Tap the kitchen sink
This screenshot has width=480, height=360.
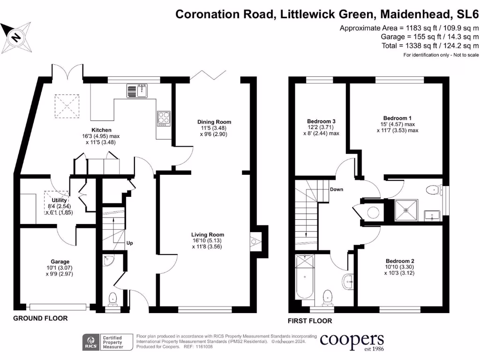click(137, 90)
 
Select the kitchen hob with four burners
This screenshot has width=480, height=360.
click(164, 118)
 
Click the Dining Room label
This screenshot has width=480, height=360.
click(214, 122)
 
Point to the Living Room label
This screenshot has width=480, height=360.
click(208, 234)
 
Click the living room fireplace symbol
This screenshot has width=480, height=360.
click(254, 242)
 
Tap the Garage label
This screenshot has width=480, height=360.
click(60, 262)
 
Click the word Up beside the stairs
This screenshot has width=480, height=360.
click(129, 243)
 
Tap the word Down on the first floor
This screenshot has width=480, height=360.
click(337, 189)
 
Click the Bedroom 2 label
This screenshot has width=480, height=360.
click(400, 261)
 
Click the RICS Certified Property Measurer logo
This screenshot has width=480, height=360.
click(105, 342)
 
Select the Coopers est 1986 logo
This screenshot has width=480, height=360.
click(352, 342)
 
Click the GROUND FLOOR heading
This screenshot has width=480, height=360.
click(40, 318)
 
